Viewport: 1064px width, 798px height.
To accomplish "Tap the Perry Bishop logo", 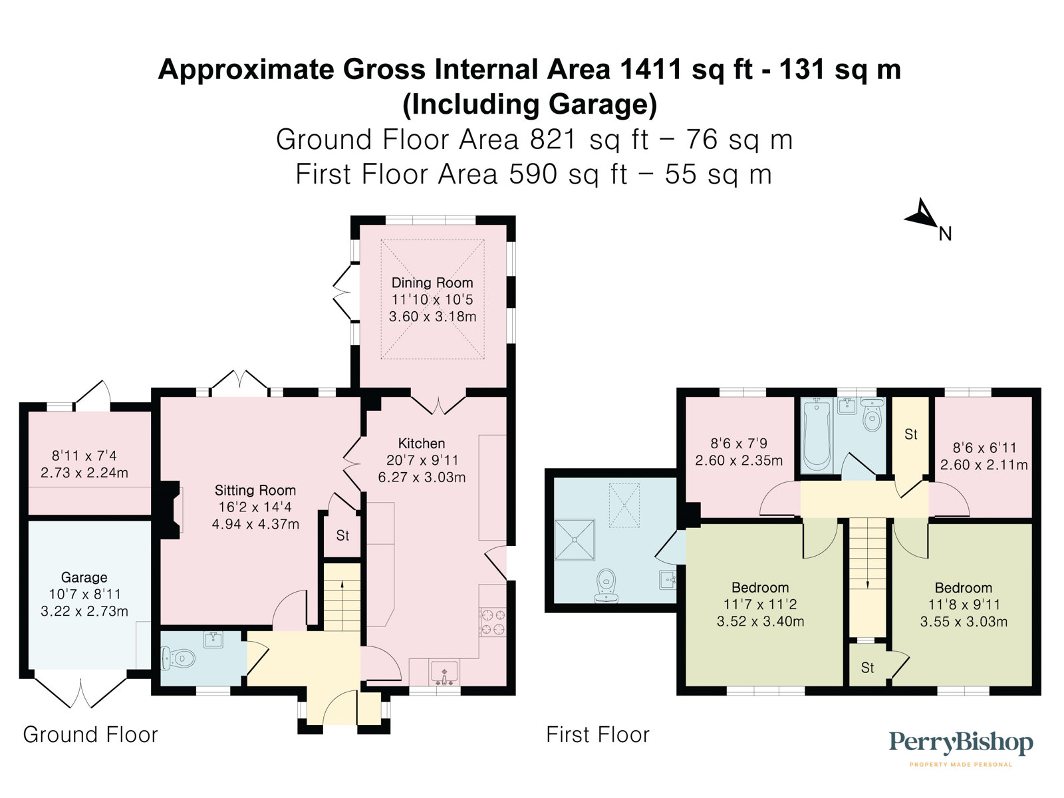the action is (960, 749).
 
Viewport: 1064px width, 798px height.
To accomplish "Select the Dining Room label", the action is (432, 283).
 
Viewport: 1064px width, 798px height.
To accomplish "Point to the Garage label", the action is (84, 577).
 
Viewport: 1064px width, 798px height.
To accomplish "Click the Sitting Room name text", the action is (255, 490).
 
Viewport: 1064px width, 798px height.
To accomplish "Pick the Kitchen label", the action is (421, 444).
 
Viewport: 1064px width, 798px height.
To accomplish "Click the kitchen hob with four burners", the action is (493, 622).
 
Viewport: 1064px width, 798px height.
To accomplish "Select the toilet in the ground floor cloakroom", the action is (178, 659).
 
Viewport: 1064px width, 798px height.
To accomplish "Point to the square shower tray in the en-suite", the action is (575, 540).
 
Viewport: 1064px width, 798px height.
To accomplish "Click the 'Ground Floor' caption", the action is (90, 735).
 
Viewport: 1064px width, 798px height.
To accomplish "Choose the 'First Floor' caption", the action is (598, 735).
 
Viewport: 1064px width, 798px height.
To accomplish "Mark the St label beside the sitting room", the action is (342, 535).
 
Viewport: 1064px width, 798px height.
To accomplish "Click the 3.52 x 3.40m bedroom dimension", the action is (760, 621).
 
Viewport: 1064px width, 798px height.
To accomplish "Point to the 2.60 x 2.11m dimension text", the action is (984, 465).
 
